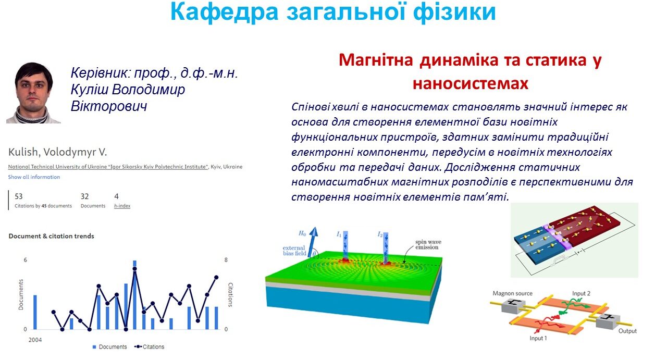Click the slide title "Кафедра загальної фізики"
pos(333,12)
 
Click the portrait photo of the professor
pos(33,93)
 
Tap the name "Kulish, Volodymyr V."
pos(57,152)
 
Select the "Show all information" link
pos(34,177)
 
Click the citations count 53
pos(18,196)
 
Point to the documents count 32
pos(84,196)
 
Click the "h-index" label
pos(122,206)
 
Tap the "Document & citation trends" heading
pos(51,236)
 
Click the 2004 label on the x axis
pos(35,340)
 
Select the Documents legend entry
pos(109,347)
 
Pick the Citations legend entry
pos(149,347)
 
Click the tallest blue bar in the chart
pos(134,295)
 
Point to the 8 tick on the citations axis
pos(226,260)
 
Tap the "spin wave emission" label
pos(428,244)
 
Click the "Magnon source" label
pos(512,293)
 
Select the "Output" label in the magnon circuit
pos(627,331)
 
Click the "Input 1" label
pos(538,338)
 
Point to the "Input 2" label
pos(581,293)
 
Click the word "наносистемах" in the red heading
pos(471,83)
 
